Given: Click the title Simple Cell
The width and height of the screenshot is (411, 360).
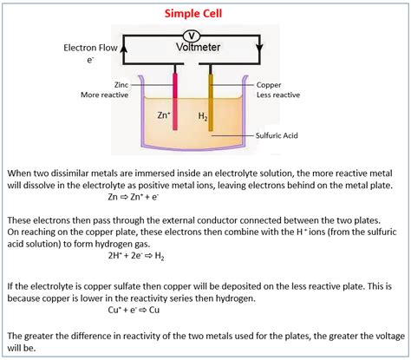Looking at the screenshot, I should (205, 13).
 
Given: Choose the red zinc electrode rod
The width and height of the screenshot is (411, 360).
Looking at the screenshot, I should (175, 101).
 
